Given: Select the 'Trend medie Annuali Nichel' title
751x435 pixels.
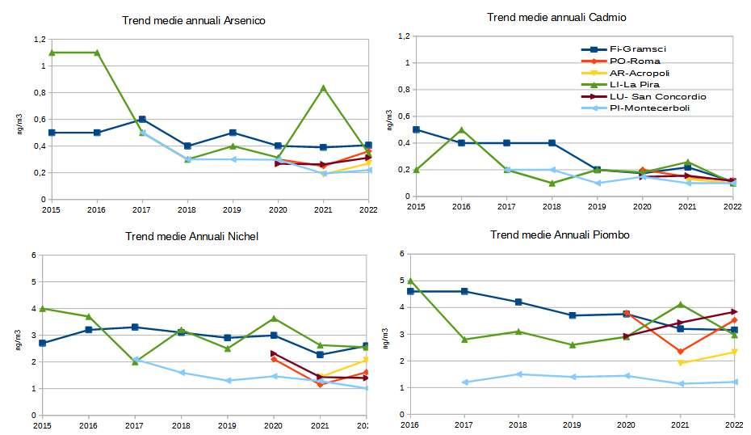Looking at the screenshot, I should click(x=191, y=236).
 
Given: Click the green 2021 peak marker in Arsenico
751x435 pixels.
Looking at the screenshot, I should click(x=323, y=87).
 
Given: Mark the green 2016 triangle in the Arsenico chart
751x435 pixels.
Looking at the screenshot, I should click(x=97, y=53).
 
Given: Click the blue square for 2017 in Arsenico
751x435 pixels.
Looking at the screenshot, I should click(x=142, y=120).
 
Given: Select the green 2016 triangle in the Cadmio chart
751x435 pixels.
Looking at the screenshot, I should click(x=461, y=129).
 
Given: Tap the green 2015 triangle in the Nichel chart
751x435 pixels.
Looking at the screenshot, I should click(x=42, y=308).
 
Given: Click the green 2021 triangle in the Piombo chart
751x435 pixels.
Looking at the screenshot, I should click(x=681, y=304).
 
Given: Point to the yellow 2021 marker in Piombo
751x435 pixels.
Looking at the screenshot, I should click(x=681, y=362).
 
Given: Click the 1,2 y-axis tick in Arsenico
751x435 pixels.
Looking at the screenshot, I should click(x=39, y=39).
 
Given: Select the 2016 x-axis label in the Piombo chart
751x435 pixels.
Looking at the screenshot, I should click(x=410, y=424).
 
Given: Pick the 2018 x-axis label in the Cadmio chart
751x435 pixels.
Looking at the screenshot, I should click(x=552, y=206).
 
